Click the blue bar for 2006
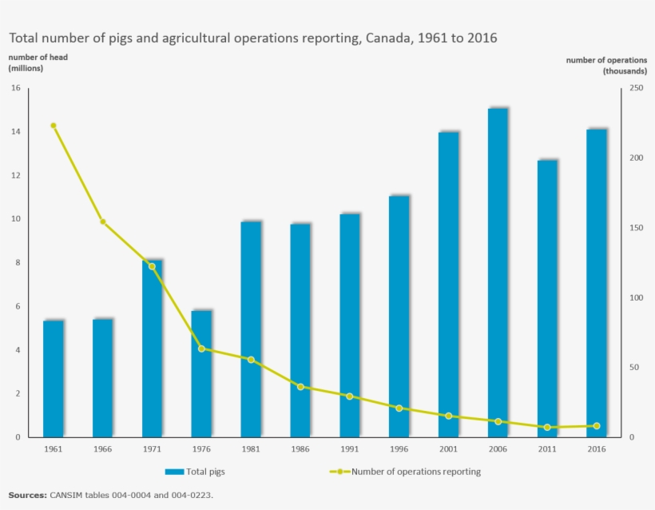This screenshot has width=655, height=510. tap(498, 273)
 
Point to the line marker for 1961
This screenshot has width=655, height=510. tap(54, 126)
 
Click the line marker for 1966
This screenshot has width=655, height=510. tap(103, 221)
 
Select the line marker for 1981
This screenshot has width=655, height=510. tap(251, 360)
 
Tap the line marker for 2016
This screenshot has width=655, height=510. tap(597, 426)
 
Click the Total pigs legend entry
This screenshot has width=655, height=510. tap(195, 472)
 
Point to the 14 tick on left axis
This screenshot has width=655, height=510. tap(15, 132)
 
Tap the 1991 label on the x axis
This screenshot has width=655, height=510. tap(349, 449)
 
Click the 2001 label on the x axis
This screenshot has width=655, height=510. tap(448, 449)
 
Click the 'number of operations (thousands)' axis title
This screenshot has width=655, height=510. tap(607, 66)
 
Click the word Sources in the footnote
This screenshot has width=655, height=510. tap(27, 495)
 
